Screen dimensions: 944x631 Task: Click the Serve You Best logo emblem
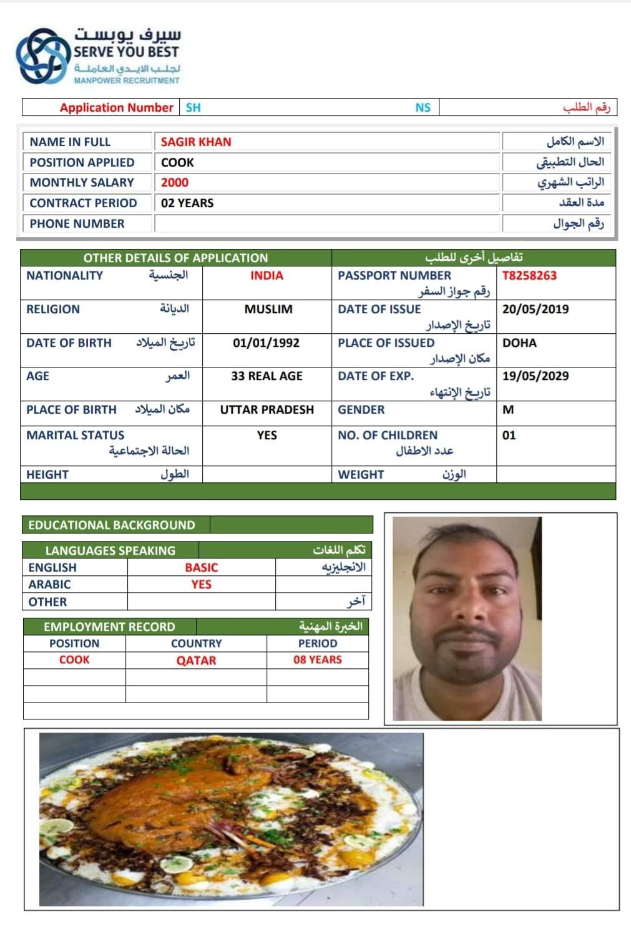tap(41, 56)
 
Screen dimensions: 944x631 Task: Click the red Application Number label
tap(116, 107)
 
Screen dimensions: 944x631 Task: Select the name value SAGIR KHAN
tap(196, 142)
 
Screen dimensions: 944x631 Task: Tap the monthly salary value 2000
tap(175, 182)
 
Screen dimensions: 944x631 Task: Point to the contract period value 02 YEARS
tap(187, 203)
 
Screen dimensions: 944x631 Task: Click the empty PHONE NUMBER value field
tap(327, 223)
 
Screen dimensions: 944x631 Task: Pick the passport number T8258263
tap(529, 275)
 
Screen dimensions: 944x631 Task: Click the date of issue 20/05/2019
tap(536, 309)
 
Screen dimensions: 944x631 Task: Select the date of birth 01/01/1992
tap(266, 343)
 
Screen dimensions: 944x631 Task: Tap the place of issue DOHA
tap(519, 343)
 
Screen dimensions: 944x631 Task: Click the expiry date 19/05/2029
tap(536, 376)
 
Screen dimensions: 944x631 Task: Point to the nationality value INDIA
tap(267, 275)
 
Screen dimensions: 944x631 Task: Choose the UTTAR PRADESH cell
tap(267, 409)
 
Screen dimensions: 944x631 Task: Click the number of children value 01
tap(509, 435)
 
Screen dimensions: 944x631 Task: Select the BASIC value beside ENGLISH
tap(201, 567)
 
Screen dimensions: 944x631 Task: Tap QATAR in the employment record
tap(196, 660)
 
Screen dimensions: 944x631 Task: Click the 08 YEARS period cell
tap(318, 659)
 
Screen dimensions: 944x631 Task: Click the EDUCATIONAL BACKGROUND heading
tap(112, 525)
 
